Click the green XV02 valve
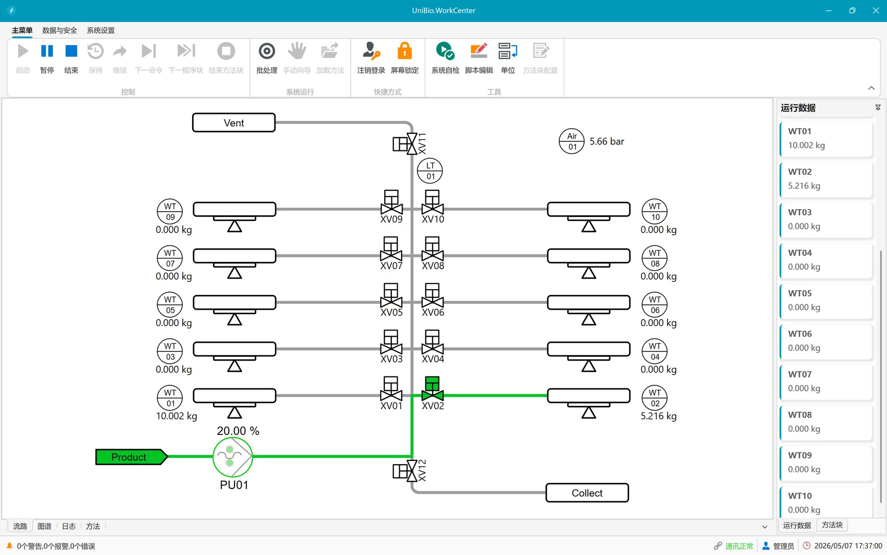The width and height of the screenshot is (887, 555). pos(432,389)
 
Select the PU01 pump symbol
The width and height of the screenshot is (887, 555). pos(233,456)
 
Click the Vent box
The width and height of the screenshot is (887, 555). pos(234,123)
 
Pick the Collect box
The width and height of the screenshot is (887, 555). pos(587,493)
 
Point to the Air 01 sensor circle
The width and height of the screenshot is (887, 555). pos(572,142)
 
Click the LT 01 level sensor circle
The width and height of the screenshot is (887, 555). pos(430,171)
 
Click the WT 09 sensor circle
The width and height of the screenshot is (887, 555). pos(170,212)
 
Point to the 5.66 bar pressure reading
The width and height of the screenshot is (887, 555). pos(607,142)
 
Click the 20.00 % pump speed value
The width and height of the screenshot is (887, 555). pos(238,431)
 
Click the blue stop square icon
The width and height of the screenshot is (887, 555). pos(71,51)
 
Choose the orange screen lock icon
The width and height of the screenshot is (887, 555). pos(405,51)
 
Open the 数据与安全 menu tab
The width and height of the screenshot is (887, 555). pos(60,30)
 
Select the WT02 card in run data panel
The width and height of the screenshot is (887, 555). pos(826,179)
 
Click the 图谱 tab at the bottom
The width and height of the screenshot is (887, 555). pos(44,526)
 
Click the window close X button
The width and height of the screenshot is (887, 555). pos(876,10)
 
